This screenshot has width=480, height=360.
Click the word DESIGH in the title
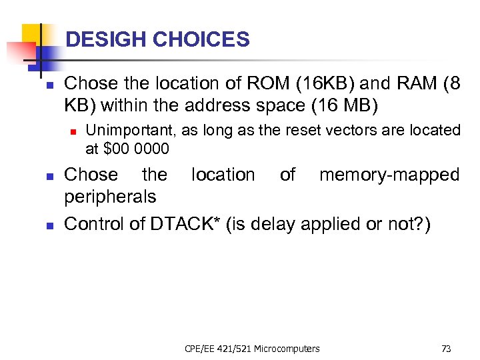(x=107, y=40)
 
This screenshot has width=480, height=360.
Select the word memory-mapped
(x=389, y=175)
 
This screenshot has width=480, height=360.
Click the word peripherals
(x=110, y=197)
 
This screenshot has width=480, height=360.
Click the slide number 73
(x=446, y=348)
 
